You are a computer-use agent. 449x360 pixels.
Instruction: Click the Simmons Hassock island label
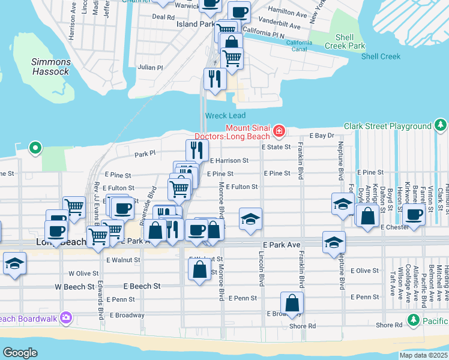[51, 67]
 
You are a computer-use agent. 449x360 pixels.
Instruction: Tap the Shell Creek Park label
[345, 41]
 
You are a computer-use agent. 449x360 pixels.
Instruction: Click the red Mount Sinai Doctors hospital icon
[279, 131]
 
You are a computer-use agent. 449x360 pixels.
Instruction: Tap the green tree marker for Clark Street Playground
[441, 125]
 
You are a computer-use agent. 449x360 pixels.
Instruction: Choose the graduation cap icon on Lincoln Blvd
[251, 218]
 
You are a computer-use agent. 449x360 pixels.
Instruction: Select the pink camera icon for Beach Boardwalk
[65, 317]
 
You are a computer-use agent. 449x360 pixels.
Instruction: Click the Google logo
[20, 353]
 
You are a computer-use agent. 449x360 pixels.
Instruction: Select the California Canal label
[299, 46]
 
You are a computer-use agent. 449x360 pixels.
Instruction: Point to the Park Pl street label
[145, 154]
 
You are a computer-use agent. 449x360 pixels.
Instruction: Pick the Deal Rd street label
[163, 17]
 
